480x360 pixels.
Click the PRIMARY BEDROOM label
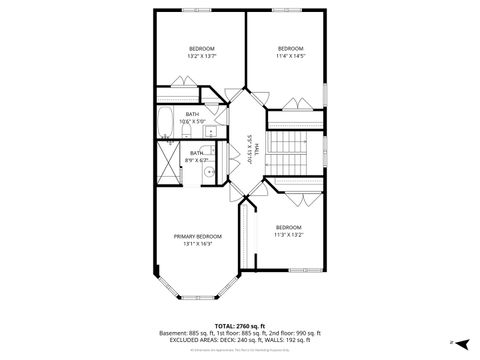(198, 236)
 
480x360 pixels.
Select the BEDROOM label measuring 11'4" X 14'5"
(290, 48)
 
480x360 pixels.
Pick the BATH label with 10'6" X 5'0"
(193, 114)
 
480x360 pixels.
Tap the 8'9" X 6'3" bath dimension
(197, 160)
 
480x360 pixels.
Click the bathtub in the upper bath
(166, 125)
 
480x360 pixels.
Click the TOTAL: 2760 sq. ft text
(239, 326)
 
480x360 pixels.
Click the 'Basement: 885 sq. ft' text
(186, 332)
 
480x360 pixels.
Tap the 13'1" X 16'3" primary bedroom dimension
(198, 243)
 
